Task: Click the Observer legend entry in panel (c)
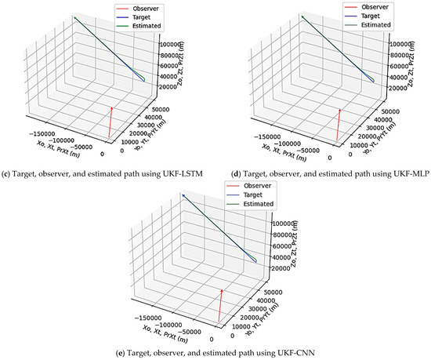138,7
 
